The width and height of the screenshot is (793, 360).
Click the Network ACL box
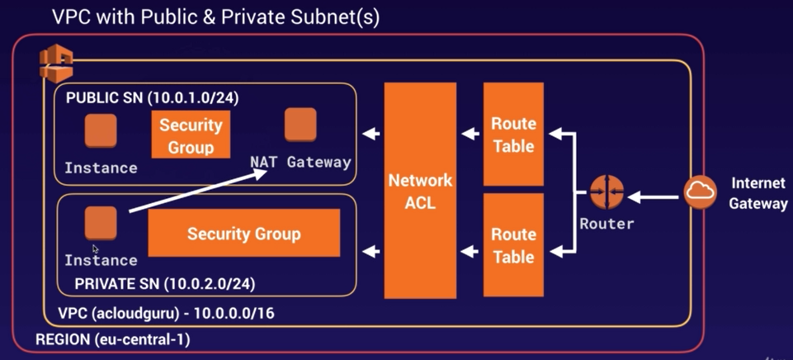420,190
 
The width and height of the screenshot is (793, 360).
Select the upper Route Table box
513,134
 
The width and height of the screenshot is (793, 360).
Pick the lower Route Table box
513,245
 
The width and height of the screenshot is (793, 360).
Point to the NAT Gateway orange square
300,125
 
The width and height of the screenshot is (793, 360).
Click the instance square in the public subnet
101,130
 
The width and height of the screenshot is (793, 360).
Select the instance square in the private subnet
101,223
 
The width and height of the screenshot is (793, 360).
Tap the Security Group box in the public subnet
191,135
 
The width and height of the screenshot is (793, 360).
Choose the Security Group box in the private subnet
243,234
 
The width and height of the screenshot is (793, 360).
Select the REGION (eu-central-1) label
112,339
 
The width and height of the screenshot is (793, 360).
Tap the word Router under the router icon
607,224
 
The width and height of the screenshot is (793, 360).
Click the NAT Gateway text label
300,162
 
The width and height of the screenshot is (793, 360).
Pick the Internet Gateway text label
758,192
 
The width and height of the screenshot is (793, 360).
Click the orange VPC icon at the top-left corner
55,64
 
